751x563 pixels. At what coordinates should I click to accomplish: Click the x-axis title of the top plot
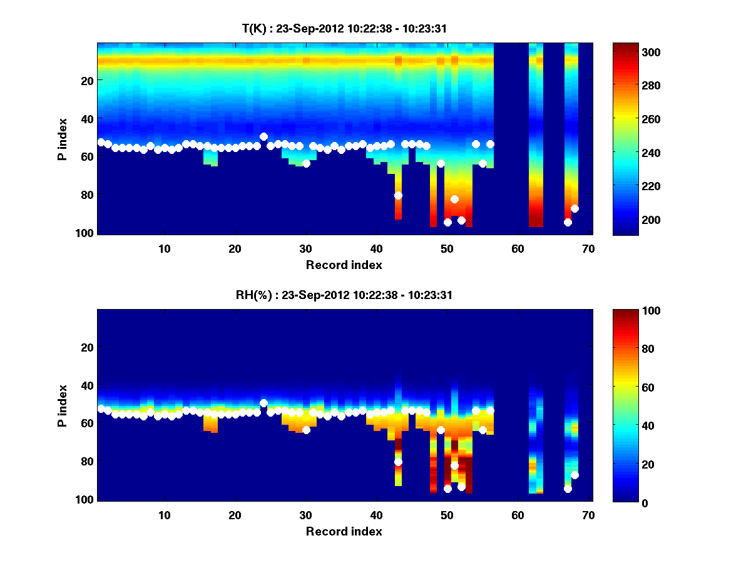pos(344,265)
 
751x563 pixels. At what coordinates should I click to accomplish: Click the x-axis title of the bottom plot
pos(344,531)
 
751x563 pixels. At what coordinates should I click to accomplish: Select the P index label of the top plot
pos(63,139)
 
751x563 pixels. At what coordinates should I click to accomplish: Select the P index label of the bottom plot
pos(63,405)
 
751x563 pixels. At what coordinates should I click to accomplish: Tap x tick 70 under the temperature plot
pos(588,248)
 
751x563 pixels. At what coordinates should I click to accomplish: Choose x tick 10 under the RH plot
pos(164,515)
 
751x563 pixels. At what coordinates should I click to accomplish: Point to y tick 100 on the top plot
pos(86,233)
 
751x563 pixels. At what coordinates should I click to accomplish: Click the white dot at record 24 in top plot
pos(263,136)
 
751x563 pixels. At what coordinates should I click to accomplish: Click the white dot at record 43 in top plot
pos(398,196)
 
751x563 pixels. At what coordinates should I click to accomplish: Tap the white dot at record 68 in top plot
pos(575,209)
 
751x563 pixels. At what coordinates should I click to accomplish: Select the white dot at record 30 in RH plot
pos(306,430)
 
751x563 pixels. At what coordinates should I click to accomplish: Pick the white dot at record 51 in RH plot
pos(454,465)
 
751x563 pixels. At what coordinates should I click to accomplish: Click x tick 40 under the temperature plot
pos(376,248)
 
